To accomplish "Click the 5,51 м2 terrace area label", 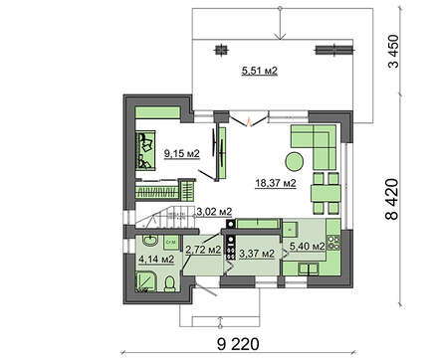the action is coord(259,71).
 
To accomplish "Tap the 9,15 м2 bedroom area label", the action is coord(182,153).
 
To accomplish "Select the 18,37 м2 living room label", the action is coord(276,183).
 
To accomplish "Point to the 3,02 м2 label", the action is coord(214,212).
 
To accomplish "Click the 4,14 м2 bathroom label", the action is coord(156,259).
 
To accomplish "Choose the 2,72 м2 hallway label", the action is coord(203,250).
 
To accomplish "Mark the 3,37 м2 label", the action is coord(257,254).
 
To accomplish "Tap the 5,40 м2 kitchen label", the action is coord(307,246).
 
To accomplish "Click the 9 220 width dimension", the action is coord(238,344).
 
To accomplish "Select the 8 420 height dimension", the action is coord(391,200).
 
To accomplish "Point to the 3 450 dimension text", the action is coord(393,51).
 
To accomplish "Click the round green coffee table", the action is coord(294,161).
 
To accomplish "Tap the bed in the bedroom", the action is coord(145,150).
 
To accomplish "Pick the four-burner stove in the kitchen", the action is coord(333,243).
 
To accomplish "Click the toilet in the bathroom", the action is coord(169,283).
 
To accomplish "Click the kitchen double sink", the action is coord(309,269).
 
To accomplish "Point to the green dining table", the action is coord(326,193).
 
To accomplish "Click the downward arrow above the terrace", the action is coord(281,23).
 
